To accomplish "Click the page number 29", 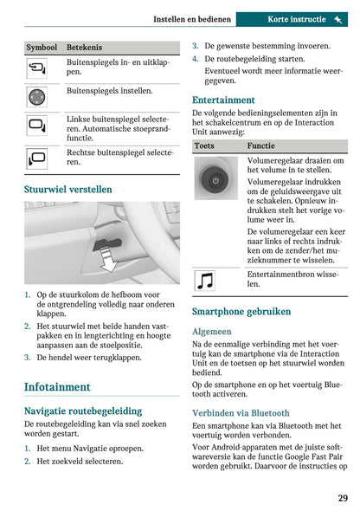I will [x=343, y=497].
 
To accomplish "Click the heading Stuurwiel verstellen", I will [x=67, y=189].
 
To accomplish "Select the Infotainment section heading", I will [x=57, y=386].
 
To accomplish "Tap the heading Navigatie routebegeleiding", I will [x=82, y=411].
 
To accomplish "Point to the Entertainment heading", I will [x=223, y=100].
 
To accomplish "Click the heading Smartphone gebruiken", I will [x=241, y=311].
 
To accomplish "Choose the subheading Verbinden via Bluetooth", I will [x=241, y=413].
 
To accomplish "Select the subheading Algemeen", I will [x=212, y=331].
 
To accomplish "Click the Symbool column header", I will [x=42, y=48].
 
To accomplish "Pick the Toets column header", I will [x=206, y=146].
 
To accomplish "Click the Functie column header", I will [x=260, y=146].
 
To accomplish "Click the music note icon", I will [x=206, y=280].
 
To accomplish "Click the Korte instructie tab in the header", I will [x=296, y=18].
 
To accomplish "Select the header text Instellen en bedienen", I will [x=192, y=18].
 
